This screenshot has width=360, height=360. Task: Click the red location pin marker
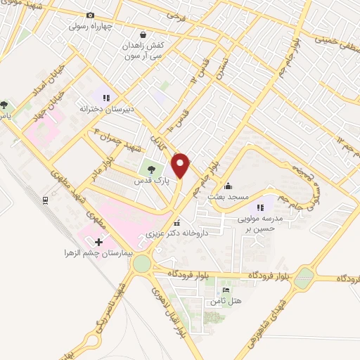tap(181, 165)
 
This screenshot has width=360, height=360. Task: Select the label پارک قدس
tap(150, 181)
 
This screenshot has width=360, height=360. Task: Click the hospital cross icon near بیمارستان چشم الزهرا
tap(108, 242)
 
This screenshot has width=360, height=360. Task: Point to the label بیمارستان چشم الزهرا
tap(95, 252)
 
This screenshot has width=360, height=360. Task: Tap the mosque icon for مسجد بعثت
tap(227, 187)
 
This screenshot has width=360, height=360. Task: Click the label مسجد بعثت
tap(226, 198)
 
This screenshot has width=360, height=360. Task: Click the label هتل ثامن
tap(219, 301)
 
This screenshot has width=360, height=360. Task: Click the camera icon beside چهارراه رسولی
tap(89, 15)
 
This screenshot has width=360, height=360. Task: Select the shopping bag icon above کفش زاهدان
tap(143, 34)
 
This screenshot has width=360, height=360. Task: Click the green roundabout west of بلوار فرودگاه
tap(143, 264)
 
